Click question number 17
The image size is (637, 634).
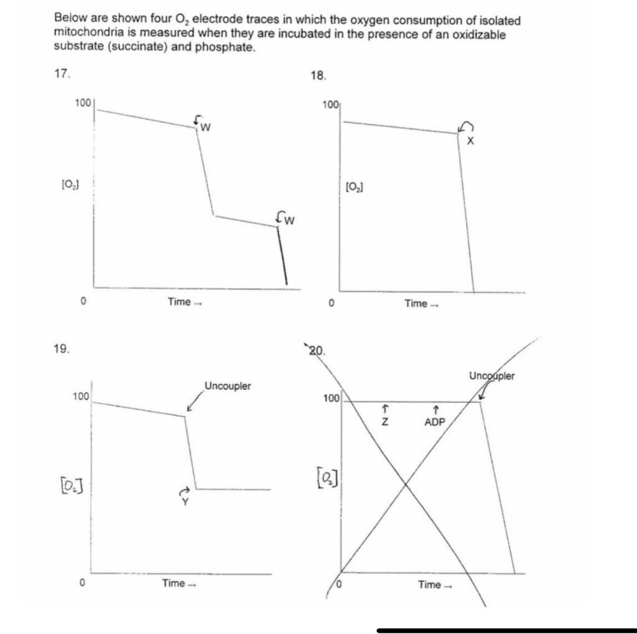coord(61,73)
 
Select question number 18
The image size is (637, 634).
coord(317,76)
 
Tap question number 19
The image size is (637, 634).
coord(61,348)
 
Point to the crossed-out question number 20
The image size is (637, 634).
coord(316,350)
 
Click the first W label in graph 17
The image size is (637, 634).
coord(205,128)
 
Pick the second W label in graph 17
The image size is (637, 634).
coord(289,220)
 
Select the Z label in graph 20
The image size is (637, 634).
coord(385,422)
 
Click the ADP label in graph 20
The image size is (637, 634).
coord(435,422)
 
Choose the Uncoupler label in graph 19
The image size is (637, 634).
coord(228,386)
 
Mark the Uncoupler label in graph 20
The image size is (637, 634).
coord(492,376)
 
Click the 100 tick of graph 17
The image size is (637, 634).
coord(82,101)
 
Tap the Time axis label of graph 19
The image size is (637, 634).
coord(174,583)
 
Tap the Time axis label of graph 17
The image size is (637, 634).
coord(179,302)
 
